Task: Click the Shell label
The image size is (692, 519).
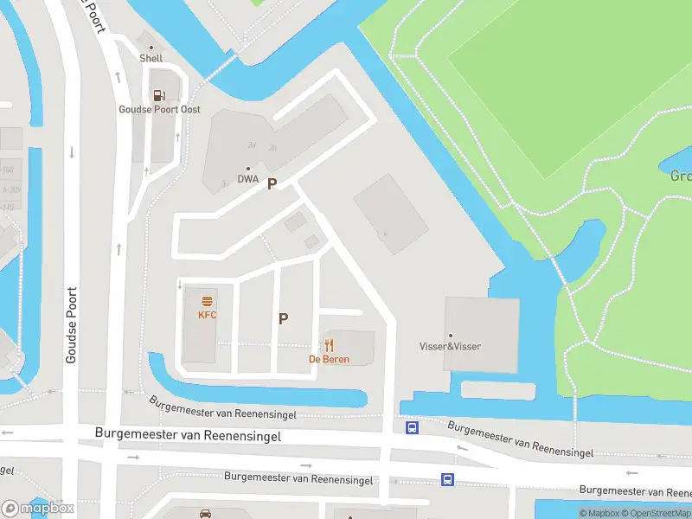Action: [151, 59]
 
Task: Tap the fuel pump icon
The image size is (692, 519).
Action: [158, 95]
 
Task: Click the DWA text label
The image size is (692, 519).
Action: [248, 180]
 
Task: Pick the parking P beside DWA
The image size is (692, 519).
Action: [272, 183]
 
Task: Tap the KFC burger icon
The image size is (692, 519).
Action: [208, 301]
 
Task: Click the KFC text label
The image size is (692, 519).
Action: [208, 315]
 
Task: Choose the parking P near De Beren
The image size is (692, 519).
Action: [283, 318]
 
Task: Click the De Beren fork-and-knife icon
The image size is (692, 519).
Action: [329, 345]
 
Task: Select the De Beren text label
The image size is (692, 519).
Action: [329, 359]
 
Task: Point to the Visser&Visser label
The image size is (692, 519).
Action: [450, 347]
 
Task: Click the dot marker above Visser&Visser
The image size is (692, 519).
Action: [450, 335]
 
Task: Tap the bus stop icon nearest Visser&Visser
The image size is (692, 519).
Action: [413, 426]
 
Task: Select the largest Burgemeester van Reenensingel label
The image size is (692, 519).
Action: [188, 436]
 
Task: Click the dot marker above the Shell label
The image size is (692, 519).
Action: [151, 48]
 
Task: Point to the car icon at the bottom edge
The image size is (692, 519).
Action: [205, 514]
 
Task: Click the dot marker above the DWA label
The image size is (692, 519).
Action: [248, 169]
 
